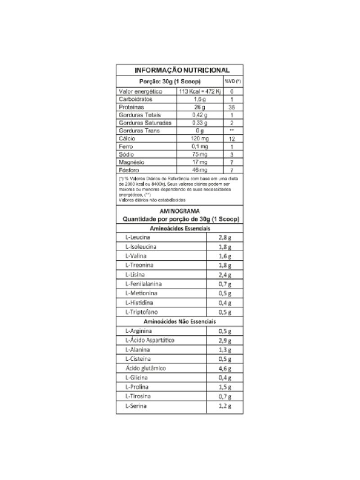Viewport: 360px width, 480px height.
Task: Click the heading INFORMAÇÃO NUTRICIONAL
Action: coord(182,70)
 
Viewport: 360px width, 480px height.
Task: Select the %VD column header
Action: coord(233,82)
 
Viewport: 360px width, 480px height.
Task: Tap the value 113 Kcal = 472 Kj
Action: coord(200,91)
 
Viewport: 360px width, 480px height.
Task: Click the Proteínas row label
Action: coord(131,107)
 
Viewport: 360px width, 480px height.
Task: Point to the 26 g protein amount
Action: coord(200,107)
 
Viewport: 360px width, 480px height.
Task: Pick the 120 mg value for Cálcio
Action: coord(200,139)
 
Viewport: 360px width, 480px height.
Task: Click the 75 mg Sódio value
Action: coord(200,154)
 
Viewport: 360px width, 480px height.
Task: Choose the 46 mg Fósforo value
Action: coord(200,170)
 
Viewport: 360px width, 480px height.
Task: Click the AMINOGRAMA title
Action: coord(180,211)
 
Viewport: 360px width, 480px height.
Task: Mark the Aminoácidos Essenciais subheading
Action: coord(180,228)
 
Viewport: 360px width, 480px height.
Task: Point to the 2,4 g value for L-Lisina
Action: coord(225,275)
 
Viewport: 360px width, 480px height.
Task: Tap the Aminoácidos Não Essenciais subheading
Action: coord(180,322)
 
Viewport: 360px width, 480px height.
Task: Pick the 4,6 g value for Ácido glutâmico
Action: coord(225,369)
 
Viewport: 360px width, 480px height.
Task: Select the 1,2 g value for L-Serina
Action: coord(225,406)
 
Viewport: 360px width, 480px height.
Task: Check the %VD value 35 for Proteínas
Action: coord(233,108)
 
